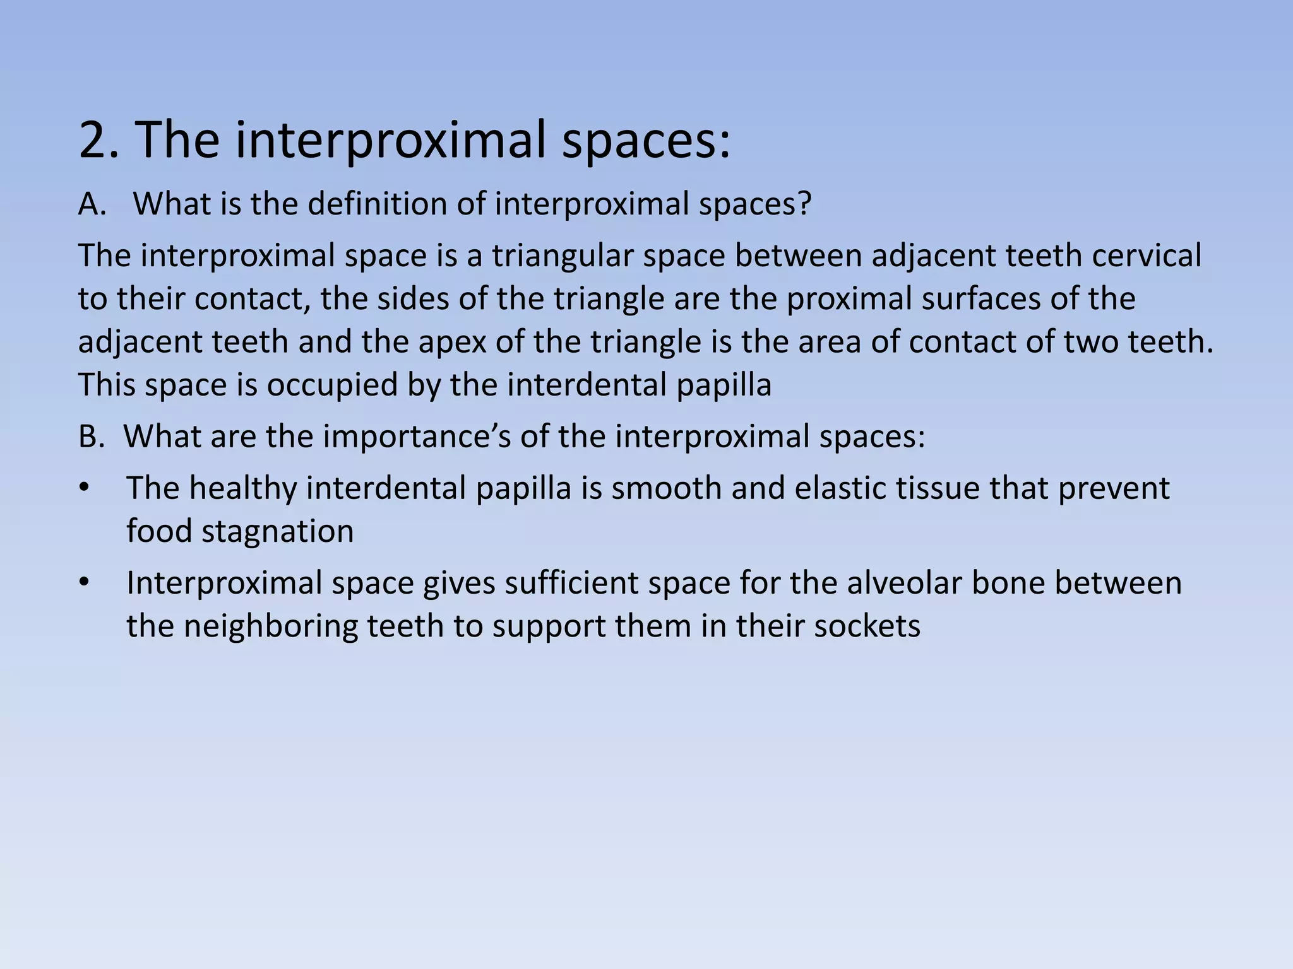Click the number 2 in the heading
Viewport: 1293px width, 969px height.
[x=95, y=140]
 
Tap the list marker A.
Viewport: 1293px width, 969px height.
[x=92, y=204]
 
